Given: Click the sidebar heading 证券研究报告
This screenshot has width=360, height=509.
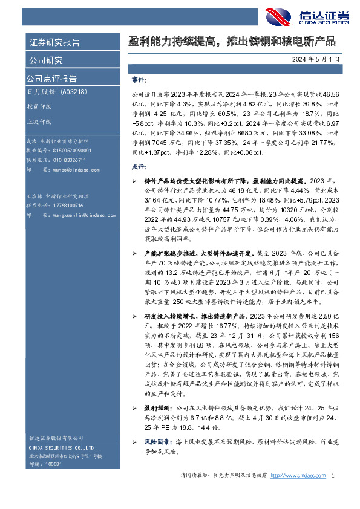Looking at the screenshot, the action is (x=54, y=42).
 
